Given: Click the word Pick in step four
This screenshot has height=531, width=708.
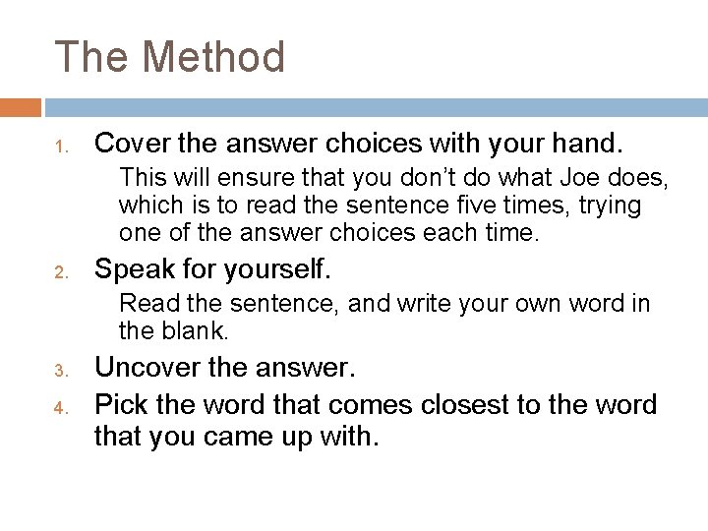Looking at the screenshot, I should [x=119, y=404].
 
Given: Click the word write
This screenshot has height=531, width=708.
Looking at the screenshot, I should [x=427, y=304].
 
